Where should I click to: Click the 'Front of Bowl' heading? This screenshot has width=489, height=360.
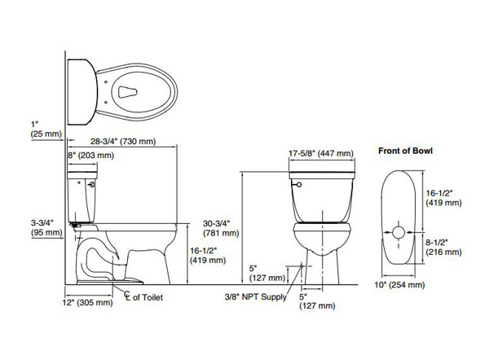[x=405, y=151]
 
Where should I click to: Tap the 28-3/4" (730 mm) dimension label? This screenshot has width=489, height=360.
[x=123, y=142]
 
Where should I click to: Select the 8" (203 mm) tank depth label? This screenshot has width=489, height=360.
[x=91, y=156]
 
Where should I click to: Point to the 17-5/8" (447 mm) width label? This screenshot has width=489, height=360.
[x=321, y=153]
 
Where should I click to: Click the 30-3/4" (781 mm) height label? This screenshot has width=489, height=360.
[x=221, y=228]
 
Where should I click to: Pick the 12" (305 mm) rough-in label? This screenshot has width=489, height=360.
[x=88, y=302]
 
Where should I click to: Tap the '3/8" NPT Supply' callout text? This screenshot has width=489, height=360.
[x=256, y=297]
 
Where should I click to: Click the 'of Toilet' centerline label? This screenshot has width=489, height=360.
[x=148, y=297]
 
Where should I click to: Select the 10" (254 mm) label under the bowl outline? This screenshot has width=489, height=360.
[x=399, y=285]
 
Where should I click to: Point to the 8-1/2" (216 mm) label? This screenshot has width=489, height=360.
[x=443, y=247]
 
